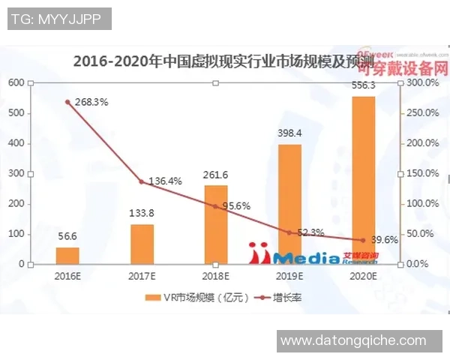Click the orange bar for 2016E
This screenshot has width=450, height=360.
coord(67,255)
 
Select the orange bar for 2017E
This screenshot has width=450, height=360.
coord(142,244)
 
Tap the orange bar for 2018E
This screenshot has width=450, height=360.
coord(215,224)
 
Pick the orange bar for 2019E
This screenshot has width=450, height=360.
coord(289,203)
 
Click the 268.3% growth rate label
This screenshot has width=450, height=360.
coord(91,103)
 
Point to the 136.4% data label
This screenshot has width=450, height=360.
coord(165,181)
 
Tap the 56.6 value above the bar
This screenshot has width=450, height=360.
coord(67,234)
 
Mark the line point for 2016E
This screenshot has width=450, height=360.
coord(67,102)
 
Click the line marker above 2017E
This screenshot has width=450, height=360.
coord(142,181)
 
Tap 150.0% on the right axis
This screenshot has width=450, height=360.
coord(420,173)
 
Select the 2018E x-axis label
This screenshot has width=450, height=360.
coord(215,275)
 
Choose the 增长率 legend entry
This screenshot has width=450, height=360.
coord(277,298)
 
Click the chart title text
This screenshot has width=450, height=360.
coord(217,64)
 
